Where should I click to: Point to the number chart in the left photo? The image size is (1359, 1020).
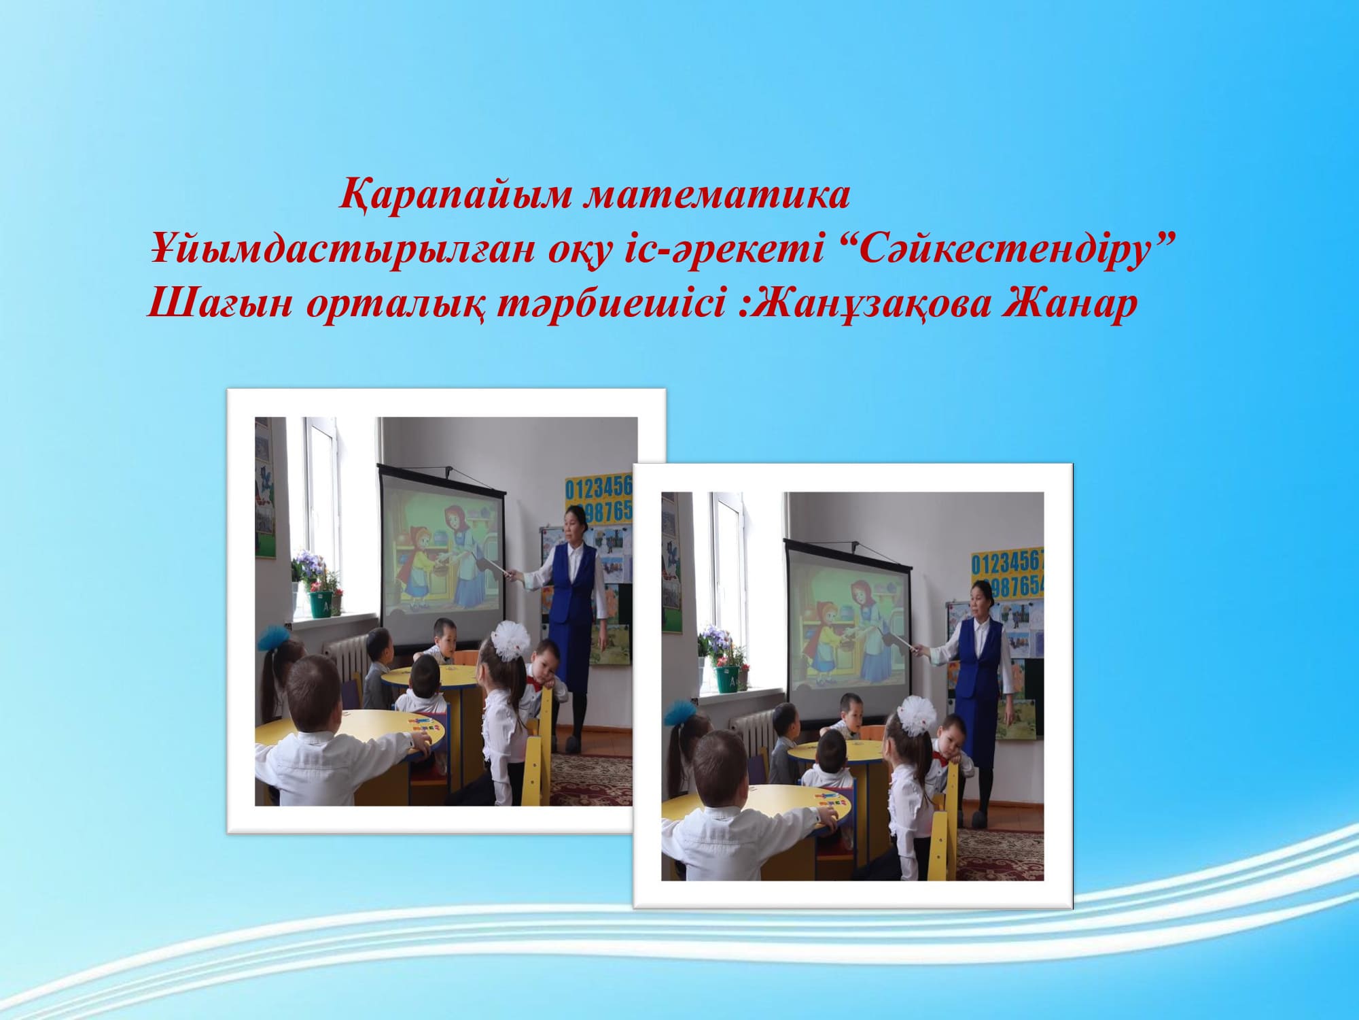pyautogui.click(x=599, y=498)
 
